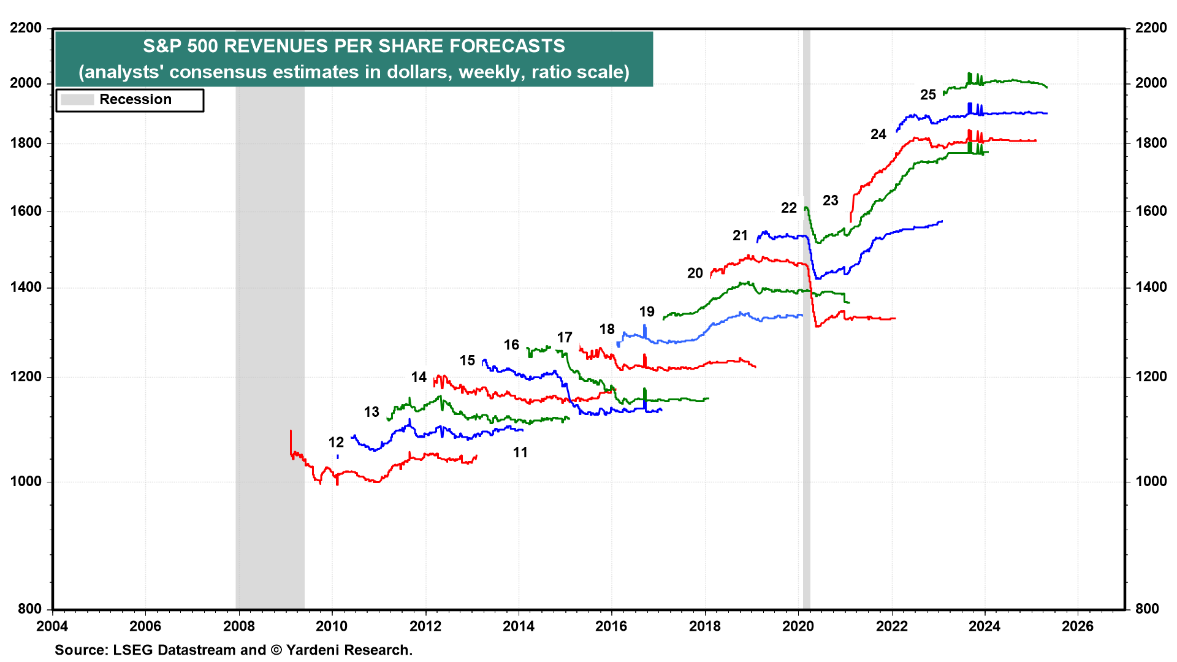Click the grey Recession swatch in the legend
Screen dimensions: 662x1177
pos(77,100)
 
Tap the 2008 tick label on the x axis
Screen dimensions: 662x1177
pos(238,626)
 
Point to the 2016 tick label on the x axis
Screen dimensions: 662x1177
pos(611,626)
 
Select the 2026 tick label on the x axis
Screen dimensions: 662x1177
pos(1078,626)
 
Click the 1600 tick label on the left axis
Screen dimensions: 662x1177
pos(26,211)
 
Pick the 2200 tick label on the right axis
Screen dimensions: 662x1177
pos(1151,28)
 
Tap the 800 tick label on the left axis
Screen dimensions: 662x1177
pos(29,609)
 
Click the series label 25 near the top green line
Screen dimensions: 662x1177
pos(928,95)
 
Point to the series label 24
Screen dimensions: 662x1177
pos(878,135)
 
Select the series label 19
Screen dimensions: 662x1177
pos(647,312)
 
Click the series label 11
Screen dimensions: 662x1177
pos(520,453)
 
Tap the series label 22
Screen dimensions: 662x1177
pos(789,208)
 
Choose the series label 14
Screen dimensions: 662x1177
pos(419,378)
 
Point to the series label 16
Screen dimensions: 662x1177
pos(511,345)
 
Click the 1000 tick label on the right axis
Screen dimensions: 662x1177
pos(1151,482)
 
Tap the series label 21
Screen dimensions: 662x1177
pos(740,236)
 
